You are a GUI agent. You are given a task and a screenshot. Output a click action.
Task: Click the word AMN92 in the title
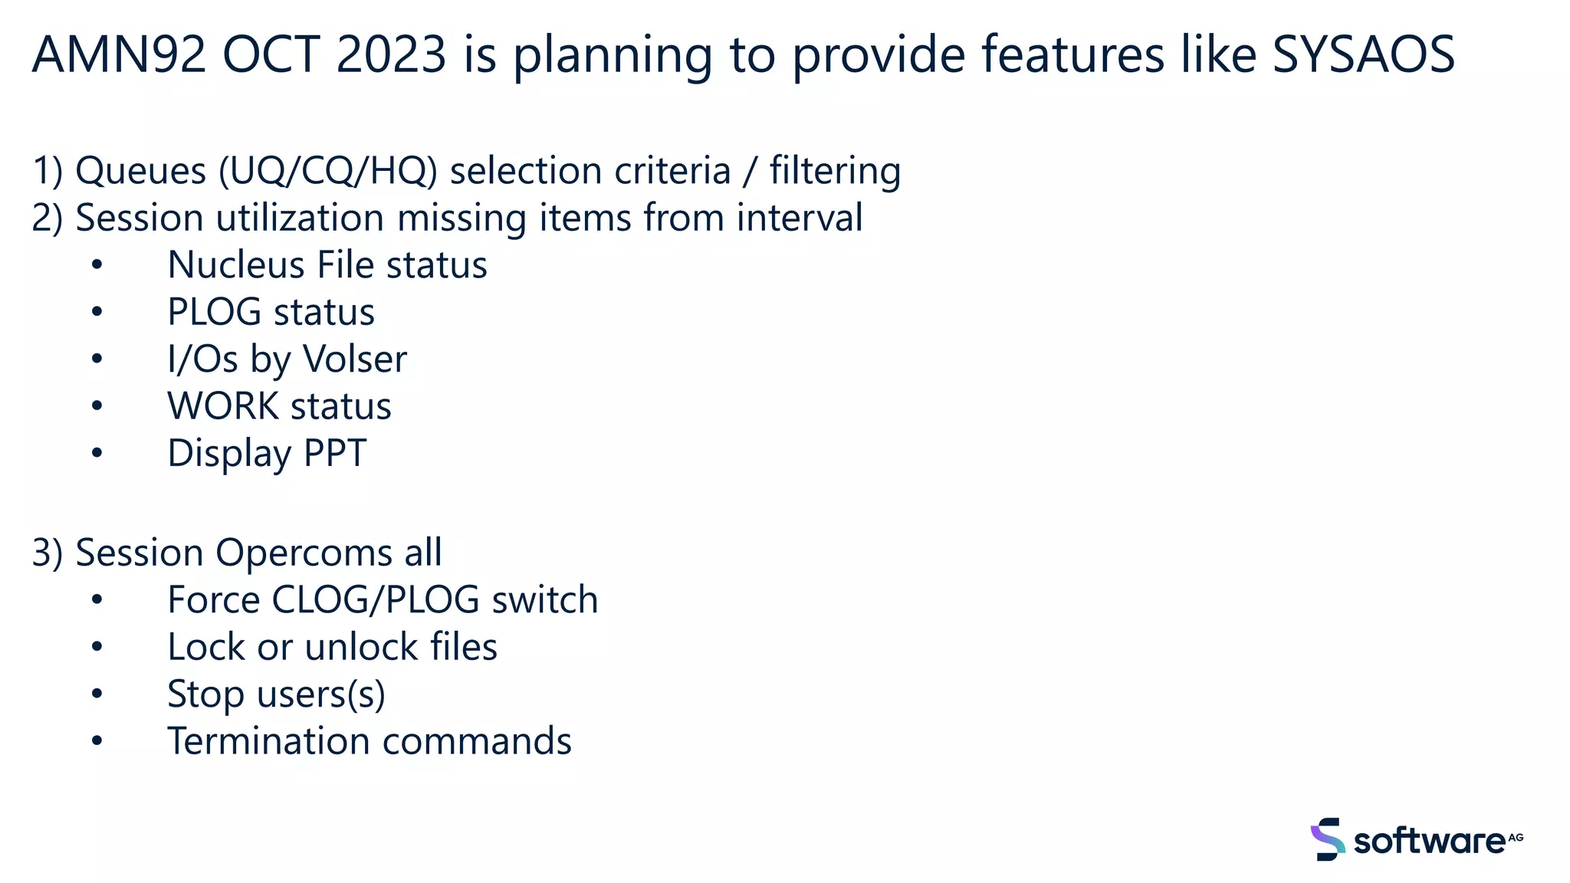click(119, 55)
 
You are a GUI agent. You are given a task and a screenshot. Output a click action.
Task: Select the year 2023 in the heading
click(391, 55)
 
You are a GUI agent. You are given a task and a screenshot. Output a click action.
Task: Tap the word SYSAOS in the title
click(1363, 55)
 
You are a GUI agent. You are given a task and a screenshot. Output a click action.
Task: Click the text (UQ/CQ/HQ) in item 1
click(328, 171)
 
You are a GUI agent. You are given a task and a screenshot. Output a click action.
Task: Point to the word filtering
click(835, 171)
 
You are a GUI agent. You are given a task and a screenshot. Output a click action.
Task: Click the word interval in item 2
click(799, 218)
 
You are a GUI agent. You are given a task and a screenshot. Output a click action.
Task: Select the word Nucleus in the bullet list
click(236, 265)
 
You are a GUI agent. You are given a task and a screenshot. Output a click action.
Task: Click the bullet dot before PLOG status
click(97, 312)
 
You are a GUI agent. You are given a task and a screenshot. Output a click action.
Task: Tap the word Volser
click(354, 359)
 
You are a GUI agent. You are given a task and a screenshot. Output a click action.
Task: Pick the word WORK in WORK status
click(222, 406)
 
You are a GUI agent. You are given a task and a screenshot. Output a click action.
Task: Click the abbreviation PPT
click(335, 453)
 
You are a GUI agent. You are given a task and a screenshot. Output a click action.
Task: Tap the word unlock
click(360, 647)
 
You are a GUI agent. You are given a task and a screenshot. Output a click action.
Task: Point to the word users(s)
click(320, 694)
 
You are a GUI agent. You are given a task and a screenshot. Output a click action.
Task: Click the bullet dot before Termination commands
click(97, 741)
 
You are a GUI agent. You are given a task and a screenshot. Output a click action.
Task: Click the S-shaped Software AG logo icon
click(1327, 839)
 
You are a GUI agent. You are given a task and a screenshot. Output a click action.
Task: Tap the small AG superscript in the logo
click(1516, 837)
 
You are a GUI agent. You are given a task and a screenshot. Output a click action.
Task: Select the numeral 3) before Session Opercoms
click(47, 553)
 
